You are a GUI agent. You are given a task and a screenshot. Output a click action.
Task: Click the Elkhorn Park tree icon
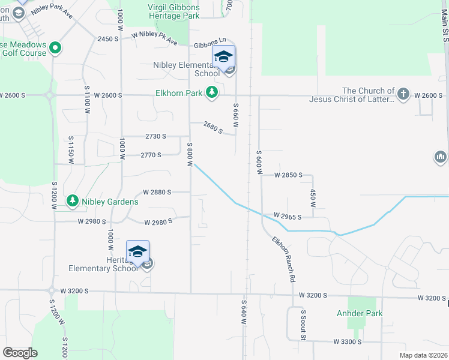coord(211,92)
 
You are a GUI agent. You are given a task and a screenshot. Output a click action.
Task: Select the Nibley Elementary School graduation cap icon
coord(223,57)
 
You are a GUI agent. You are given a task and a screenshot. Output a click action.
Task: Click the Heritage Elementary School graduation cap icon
coord(137,251)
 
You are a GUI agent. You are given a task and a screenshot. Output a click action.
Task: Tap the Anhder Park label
coord(360,313)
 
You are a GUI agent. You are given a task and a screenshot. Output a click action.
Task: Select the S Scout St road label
coord(304,324)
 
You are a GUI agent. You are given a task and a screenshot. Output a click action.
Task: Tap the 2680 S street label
coord(213,127)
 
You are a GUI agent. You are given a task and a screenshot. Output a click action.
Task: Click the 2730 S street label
coord(155,137)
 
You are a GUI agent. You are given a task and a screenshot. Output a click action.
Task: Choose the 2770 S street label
coord(151,155)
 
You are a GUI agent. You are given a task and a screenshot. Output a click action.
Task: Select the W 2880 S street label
coord(157,193)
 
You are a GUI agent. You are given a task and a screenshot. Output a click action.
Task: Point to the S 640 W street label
coord(244,313)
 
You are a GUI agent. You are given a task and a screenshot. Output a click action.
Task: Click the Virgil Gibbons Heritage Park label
coord(173,11)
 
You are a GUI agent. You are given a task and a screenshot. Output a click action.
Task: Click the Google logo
coord(20,353)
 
